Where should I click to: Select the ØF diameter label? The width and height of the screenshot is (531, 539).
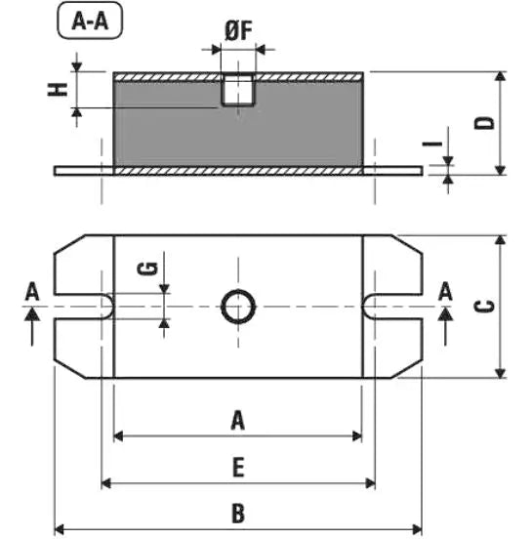point(238,30)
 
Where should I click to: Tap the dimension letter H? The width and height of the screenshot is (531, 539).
point(60,88)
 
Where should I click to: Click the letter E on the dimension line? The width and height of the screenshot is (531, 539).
point(237,468)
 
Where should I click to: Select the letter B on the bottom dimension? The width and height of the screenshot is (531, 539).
point(237,512)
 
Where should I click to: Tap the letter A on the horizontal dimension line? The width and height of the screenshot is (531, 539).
point(237,421)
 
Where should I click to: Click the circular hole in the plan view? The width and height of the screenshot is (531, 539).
point(238,307)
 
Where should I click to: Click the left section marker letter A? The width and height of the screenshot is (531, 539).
point(32,291)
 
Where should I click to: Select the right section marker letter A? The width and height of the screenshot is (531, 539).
point(446,291)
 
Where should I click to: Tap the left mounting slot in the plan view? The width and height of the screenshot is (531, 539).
point(83,307)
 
